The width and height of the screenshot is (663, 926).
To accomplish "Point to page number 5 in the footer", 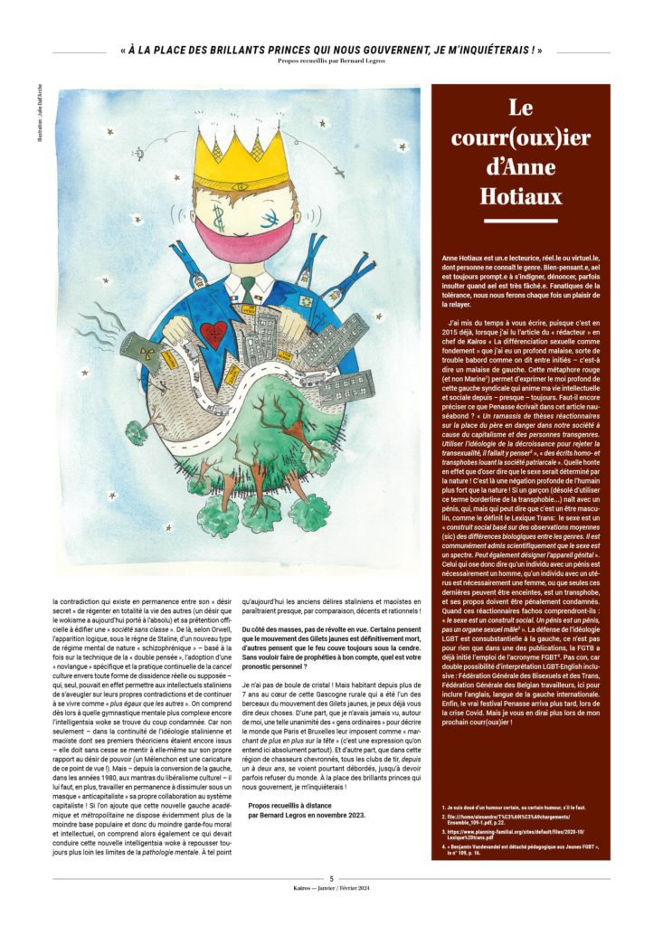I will pos(331,878).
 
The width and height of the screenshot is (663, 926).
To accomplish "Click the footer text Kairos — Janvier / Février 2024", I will pos(331,891).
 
